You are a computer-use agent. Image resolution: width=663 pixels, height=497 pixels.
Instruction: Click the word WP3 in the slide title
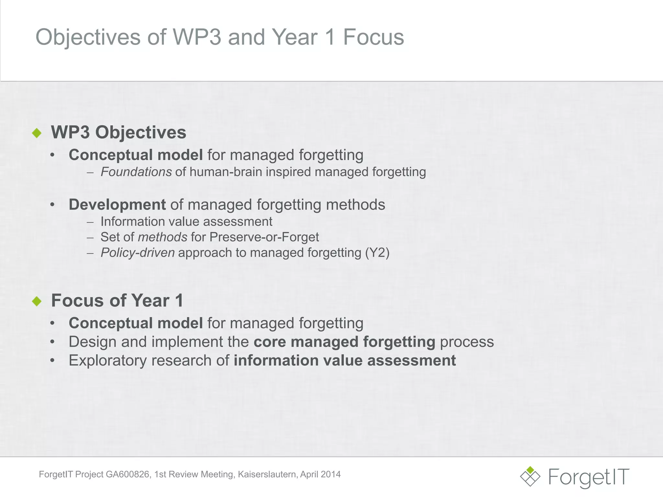pos(197,37)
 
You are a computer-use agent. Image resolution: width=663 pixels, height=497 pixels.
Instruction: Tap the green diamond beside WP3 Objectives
pos(37,133)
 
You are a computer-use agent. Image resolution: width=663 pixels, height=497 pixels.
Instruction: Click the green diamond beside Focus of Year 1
pos(37,301)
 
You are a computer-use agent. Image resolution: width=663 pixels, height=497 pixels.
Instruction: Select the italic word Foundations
pos(136,172)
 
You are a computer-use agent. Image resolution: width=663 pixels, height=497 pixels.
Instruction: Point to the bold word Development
pos(117,204)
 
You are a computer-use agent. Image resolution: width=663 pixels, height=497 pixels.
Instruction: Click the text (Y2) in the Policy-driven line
pos(377,252)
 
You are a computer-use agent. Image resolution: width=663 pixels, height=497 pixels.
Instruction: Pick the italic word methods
pos(163,237)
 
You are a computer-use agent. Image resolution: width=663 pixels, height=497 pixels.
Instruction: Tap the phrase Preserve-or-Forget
pos(264,237)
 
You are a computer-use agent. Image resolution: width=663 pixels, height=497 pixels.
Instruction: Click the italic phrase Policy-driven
pos(138,253)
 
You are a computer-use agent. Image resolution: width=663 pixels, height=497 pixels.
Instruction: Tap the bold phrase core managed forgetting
pos(344,342)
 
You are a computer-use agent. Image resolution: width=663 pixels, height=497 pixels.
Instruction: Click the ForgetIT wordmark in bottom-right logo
pos(589,477)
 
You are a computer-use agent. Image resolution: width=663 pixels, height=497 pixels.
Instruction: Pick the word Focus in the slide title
pos(373,37)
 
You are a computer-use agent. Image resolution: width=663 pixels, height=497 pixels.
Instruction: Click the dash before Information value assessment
pos(90,222)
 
